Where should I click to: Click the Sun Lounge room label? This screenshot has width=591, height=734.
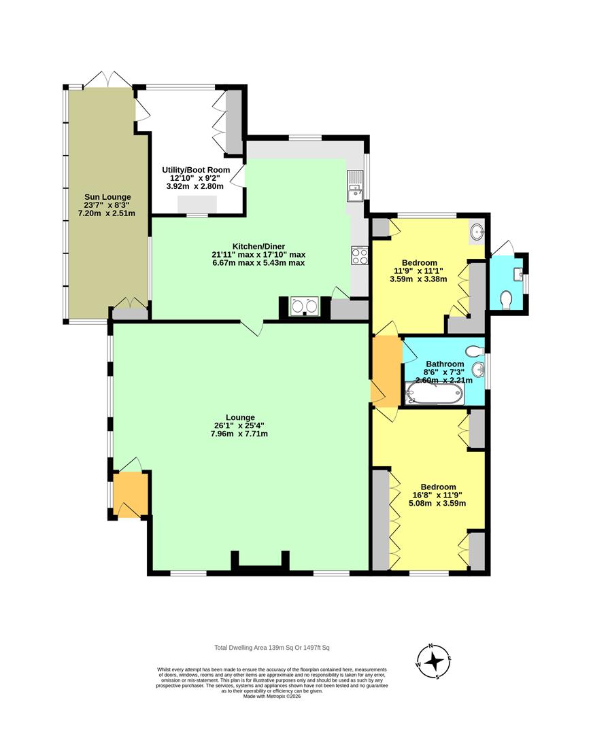(107, 197)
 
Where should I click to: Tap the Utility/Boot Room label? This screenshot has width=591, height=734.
(196, 170)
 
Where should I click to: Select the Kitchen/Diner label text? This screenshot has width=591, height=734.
(258, 246)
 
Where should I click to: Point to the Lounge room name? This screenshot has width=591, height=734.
(240, 417)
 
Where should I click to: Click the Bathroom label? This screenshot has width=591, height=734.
(445, 364)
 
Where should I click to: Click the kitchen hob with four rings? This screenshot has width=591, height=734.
(359, 256)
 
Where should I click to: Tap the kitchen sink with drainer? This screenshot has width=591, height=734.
(355, 186)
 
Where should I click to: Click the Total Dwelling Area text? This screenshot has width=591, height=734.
(271, 648)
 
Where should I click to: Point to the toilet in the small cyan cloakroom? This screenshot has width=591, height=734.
(506, 300)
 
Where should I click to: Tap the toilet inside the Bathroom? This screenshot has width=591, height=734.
(475, 351)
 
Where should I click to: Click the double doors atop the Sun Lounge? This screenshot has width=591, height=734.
(107, 79)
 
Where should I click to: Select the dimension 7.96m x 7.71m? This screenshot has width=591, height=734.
(239, 434)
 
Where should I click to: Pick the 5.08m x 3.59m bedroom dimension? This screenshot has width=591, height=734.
(437, 503)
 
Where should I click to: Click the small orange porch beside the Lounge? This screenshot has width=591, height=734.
(131, 494)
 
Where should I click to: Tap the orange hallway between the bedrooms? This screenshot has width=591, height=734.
(387, 371)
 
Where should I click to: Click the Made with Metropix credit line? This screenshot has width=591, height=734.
(271, 696)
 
